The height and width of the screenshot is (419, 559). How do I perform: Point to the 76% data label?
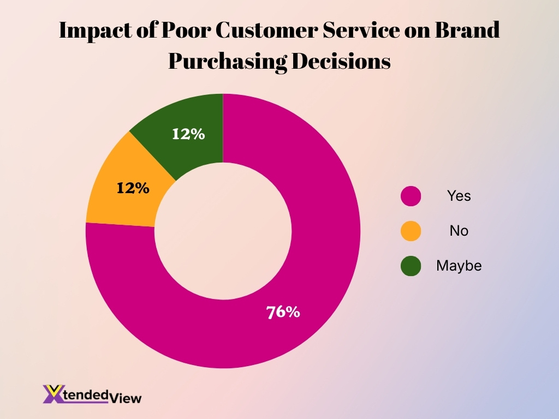pyautogui.click(x=283, y=312)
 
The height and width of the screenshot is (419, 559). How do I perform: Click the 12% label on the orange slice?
pyautogui.click(x=133, y=188)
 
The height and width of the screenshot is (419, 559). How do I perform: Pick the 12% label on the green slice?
pyautogui.click(x=188, y=134)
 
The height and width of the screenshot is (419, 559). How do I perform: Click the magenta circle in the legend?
pyautogui.click(x=411, y=196)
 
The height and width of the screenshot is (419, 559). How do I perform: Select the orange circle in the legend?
pyautogui.click(x=411, y=231)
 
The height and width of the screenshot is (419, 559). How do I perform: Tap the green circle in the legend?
pyautogui.click(x=411, y=266)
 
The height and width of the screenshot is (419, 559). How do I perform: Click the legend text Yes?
pyautogui.click(x=459, y=196)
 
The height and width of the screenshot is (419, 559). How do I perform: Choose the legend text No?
pyautogui.click(x=459, y=231)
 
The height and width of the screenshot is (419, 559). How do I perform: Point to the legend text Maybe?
pyautogui.click(x=459, y=266)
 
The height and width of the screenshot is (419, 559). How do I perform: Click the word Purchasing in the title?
pyautogui.click(x=227, y=62)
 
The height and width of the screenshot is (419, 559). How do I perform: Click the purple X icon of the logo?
pyautogui.click(x=53, y=394)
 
